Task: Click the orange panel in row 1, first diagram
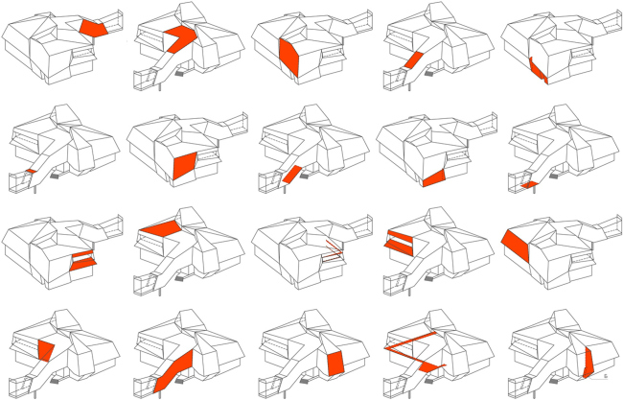tap(93, 29)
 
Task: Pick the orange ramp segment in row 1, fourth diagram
tap(411, 60)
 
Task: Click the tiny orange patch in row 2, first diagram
tap(31, 172)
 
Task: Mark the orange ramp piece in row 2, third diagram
tap(292, 174)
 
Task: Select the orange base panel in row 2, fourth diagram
tap(434, 176)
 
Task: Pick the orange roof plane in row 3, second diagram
tap(160, 227)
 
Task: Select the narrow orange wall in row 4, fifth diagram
tap(588, 363)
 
